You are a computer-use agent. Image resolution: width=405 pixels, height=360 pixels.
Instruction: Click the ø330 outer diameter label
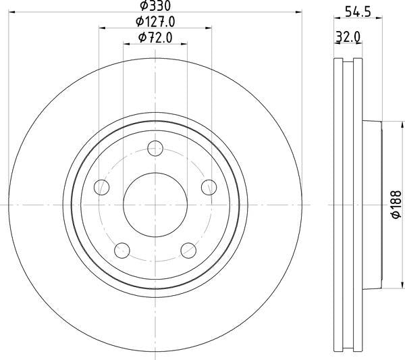(x=155, y=7)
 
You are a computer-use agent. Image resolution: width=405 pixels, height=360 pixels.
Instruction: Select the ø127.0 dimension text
(x=155, y=22)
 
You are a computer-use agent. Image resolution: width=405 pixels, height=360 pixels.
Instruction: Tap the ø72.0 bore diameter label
(x=155, y=38)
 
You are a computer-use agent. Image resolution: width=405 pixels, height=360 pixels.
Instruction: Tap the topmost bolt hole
(x=156, y=148)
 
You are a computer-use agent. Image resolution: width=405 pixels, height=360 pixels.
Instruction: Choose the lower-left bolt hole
(x=122, y=251)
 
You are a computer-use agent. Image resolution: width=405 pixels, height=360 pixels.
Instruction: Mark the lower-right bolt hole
(x=189, y=251)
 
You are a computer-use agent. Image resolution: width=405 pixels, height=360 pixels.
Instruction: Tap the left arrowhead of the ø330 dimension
(x=12, y=13)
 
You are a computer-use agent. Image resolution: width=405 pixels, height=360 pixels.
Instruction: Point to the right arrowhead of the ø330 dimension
(x=299, y=13)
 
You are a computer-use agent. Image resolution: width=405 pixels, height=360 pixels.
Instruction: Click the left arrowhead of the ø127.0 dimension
(x=102, y=28)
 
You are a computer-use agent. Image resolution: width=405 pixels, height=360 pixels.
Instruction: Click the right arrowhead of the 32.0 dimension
(x=360, y=44)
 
